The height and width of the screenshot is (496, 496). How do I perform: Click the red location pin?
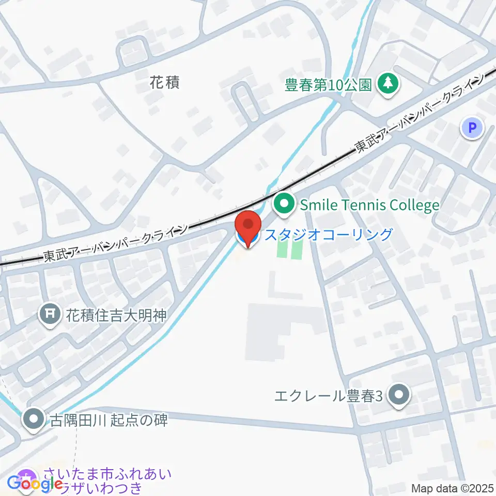(248, 226)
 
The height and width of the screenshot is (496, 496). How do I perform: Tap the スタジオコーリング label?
(329, 235)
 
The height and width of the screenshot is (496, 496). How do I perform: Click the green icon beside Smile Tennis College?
(283, 205)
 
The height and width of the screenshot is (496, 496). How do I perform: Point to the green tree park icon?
(386, 84)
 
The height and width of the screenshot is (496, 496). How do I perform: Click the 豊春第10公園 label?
(329, 85)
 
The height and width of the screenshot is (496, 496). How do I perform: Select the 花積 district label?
(165, 82)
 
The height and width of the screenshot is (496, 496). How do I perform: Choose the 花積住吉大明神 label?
(116, 315)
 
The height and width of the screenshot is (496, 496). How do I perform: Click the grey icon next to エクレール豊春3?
(399, 396)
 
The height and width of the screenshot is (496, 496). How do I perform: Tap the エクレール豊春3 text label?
(329, 396)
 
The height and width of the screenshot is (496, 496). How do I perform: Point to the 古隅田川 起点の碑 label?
(109, 420)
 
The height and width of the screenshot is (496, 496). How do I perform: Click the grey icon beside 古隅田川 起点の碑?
(34, 420)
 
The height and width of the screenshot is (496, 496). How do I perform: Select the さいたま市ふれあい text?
(107, 474)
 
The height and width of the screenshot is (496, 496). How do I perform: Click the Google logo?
(35, 485)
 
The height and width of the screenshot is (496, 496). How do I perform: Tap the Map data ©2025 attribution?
(452, 488)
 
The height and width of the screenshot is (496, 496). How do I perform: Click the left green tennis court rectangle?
(282, 249)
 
